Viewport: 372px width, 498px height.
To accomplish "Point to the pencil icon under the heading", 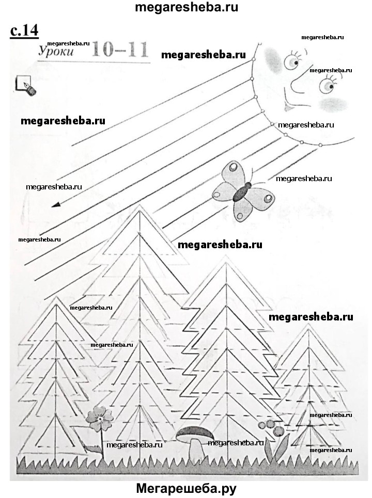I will click(25, 85).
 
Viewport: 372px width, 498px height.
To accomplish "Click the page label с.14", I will click(24, 30).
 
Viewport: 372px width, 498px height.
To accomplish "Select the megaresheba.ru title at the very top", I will click(186, 7).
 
